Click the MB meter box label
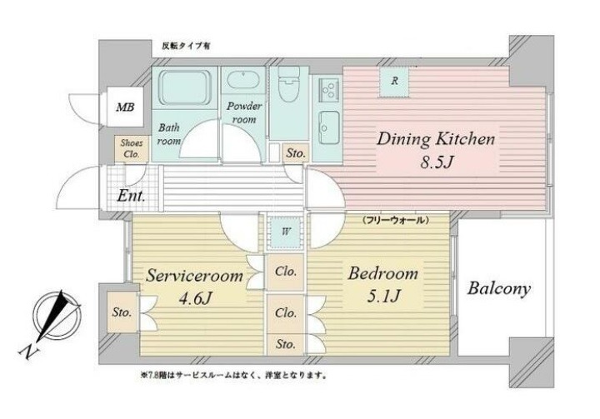coord(126,107)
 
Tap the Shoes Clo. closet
coord(132,149)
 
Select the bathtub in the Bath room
coord(184,88)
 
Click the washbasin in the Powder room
coord(243,80)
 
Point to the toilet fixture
coord(288,84)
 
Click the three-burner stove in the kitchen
coord(327,90)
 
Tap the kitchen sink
coord(328,127)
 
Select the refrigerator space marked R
coord(394,82)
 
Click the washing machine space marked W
coord(286,232)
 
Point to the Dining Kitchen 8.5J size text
coord(437,163)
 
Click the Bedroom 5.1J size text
coord(384,296)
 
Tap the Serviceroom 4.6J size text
coord(195,298)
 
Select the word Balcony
coord(498,288)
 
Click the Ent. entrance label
coord(131,196)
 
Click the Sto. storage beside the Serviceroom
coord(122,312)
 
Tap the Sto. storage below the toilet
coord(296,153)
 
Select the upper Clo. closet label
coord(286,272)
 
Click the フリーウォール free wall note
coord(394,220)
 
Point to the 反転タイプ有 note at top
coord(186,47)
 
